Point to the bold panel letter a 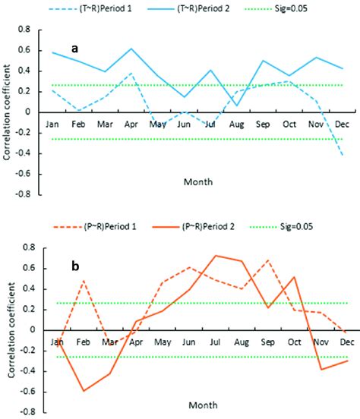[74, 48]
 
